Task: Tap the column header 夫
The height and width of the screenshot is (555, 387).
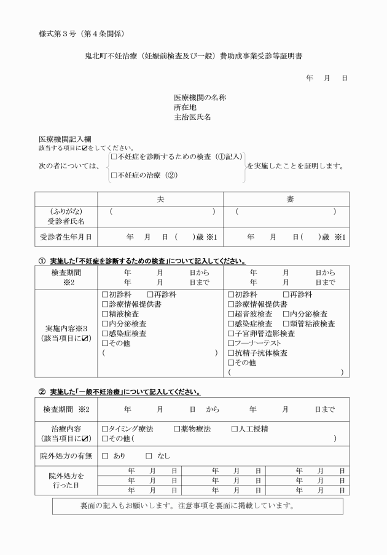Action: [x=161, y=200]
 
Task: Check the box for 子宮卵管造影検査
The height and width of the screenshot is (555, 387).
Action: [x=231, y=334]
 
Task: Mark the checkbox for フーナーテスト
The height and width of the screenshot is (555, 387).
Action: [x=231, y=343]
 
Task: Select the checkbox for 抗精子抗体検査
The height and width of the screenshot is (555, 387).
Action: [x=231, y=353]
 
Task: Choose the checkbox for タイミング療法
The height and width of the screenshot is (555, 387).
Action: [x=105, y=429]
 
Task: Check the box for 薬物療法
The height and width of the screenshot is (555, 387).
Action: [x=177, y=429]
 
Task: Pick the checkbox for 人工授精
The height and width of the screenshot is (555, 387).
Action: [x=235, y=429]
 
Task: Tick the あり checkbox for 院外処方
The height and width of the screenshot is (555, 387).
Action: [x=105, y=456]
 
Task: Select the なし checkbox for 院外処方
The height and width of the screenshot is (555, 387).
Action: [x=149, y=456]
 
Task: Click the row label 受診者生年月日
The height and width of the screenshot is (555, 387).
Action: [x=66, y=237]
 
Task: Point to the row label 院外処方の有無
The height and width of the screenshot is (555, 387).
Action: [x=66, y=456]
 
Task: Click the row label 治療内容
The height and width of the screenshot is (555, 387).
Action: [x=66, y=429]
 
